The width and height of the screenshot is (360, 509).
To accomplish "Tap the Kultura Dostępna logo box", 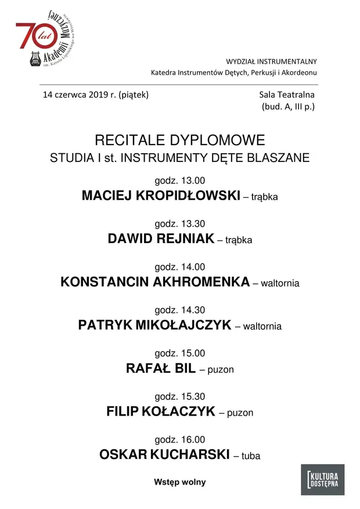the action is point(322,479).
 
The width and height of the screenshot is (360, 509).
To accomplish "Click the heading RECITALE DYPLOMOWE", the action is point(179,140).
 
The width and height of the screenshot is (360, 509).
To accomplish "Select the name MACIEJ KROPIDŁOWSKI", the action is point(161,196).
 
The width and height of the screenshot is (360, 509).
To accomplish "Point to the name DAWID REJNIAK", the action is point(161,239).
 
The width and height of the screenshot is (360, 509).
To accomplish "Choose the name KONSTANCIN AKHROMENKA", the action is point(155,283).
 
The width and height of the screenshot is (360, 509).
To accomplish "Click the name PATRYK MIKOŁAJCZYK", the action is point(154,326).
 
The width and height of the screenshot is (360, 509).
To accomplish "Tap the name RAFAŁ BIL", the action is point(160,369).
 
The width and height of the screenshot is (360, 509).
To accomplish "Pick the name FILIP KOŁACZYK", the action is point(160,412).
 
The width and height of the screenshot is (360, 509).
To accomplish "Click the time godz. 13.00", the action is point(179,181).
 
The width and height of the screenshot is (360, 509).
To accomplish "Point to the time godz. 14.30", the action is point(179,310).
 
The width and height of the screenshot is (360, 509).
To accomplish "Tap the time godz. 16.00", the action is point(179,440).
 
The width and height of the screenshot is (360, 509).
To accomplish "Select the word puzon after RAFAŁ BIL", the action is point(221,370).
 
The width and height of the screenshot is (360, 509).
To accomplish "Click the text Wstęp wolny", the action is point(179,482).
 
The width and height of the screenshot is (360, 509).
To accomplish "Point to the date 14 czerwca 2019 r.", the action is point(79,95).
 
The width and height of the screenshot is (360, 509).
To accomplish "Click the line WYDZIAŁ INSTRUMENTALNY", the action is point(271,62).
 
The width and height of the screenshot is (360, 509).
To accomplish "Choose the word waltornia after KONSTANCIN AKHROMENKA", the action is point(280,284).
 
